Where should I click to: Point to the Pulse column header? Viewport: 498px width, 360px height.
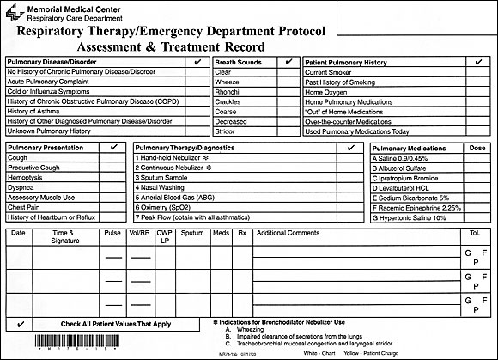(x=112, y=233)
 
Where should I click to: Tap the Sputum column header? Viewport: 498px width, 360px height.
(x=192, y=233)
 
